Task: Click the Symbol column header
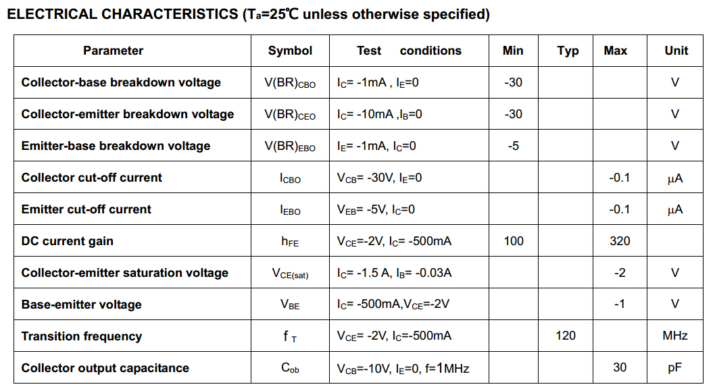[290, 51]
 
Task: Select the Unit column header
[676, 51]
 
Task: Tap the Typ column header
[568, 51]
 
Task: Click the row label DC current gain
[68, 241]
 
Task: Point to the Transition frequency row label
[82, 336]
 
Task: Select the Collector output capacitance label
[105, 368]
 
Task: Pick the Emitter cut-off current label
[87, 209]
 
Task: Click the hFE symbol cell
[290, 242]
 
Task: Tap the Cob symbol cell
[290, 368]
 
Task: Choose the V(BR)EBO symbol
[290, 146]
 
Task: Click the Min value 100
[514, 241]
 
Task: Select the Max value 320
[620, 241]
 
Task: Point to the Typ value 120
[566, 336]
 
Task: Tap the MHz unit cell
[675, 336]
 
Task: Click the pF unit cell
[675, 368]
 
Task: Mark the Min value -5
[514, 146]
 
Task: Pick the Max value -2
[620, 273]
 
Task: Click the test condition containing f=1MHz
[403, 368]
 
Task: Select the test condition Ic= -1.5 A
[394, 273]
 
